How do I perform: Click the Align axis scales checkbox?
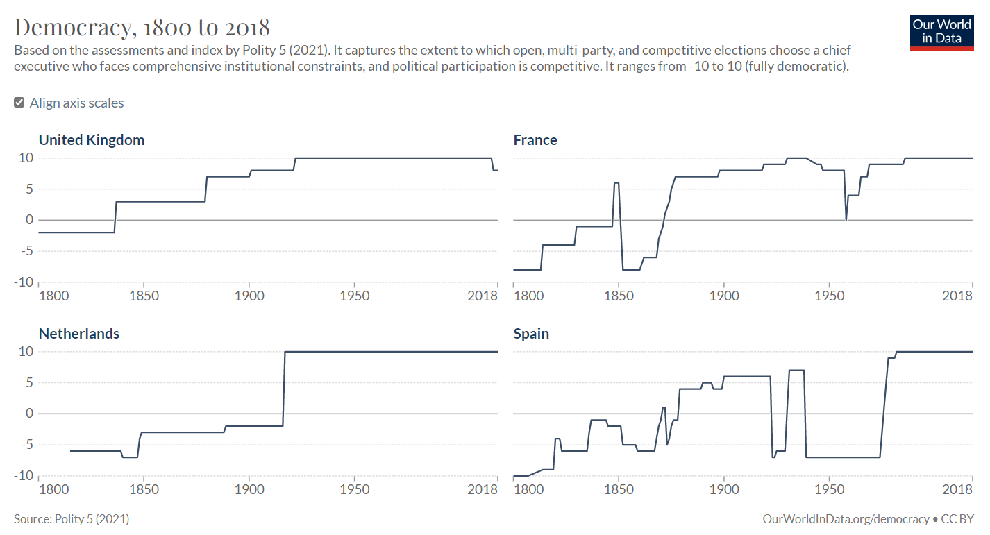[x=19, y=103]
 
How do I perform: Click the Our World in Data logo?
[x=941, y=31]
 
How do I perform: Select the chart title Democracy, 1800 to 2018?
[x=142, y=27]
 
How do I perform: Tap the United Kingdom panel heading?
[x=92, y=139]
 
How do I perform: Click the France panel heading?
[x=535, y=139]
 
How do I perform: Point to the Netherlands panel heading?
[x=79, y=333]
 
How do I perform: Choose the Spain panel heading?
[x=531, y=333]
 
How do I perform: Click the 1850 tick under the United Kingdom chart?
[x=144, y=296]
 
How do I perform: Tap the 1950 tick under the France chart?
[x=829, y=296]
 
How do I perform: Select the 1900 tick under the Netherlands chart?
[x=249, y=489]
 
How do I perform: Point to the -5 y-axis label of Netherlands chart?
[x=26, y=444]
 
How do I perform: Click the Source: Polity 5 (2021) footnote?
[x=72, y=519]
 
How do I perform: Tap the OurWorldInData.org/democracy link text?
[x=846, y=519]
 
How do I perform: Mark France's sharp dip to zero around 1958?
[x=846, y=219]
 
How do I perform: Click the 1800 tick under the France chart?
[x=528, y=296]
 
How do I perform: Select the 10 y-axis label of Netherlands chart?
[x=26, y=351]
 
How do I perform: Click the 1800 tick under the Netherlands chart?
[x=53, y=489]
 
